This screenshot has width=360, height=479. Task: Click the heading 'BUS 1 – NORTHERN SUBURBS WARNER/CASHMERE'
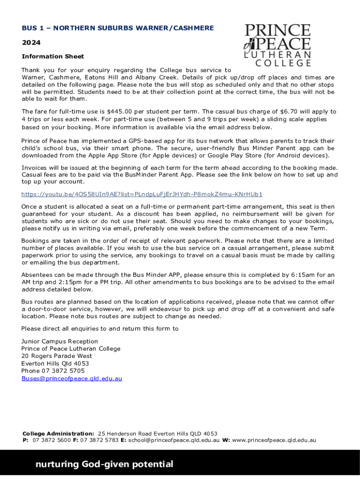118,28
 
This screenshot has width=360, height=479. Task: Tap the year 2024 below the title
31,43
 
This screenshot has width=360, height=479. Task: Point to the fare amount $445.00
120,112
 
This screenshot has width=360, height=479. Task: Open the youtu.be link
142,194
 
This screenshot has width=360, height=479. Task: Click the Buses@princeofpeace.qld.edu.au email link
72,378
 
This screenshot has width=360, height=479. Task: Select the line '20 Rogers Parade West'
57,356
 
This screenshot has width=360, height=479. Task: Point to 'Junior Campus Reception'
60,341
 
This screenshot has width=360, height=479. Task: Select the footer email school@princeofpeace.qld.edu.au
174,440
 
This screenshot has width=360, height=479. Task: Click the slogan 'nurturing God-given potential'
104,464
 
